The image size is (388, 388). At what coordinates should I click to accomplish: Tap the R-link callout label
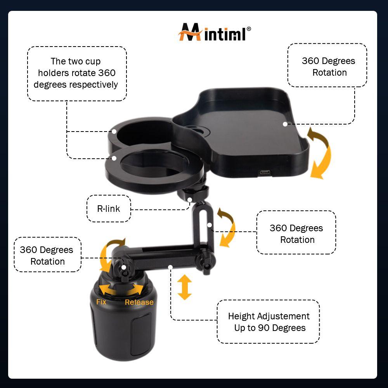109,209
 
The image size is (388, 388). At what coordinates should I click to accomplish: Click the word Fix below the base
101,301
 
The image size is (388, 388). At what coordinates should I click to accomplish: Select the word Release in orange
139,302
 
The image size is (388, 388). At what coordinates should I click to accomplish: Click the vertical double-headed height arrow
185,287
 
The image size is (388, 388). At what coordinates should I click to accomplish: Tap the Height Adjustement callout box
268,322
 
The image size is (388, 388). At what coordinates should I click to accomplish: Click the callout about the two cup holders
77,73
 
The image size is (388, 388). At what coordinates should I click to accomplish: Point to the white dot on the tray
285,124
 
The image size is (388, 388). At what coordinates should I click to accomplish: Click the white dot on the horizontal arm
170,267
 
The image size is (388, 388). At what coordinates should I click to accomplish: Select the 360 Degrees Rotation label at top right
328,66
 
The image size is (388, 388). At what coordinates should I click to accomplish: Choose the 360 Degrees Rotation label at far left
47,255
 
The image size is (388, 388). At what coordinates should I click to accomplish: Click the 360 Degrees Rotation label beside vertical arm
296,234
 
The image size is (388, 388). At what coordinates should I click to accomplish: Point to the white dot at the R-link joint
190,200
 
